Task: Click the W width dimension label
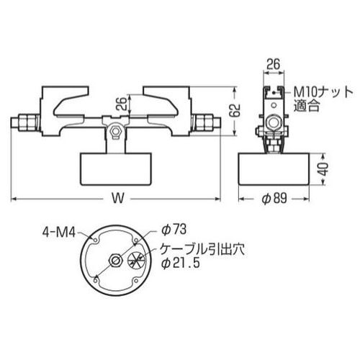[118, 199]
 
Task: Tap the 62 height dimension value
[235, 110]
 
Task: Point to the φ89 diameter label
[274, 199]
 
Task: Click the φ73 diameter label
[174, 230]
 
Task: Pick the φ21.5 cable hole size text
[181, 264]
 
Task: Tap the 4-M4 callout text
[59, 232]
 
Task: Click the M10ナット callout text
[323, 92]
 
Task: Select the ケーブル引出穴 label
[202, 250]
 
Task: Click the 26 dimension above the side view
[274, 64]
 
